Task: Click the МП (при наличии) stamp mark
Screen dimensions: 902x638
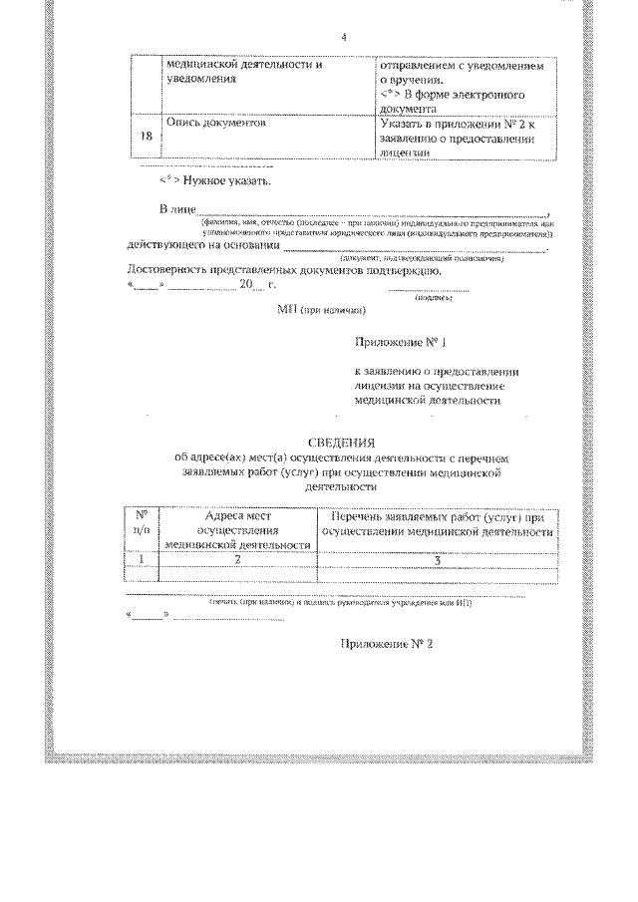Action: tap(322, 310)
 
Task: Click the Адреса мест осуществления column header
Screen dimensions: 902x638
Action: tap(238, 531)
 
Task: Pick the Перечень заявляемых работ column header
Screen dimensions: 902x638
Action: tap(437, 524)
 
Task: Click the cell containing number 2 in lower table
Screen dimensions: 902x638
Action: tap(238, 560)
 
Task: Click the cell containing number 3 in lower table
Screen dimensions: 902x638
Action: tap(437, 560)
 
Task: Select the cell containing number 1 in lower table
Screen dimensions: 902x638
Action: tap(141, 560)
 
